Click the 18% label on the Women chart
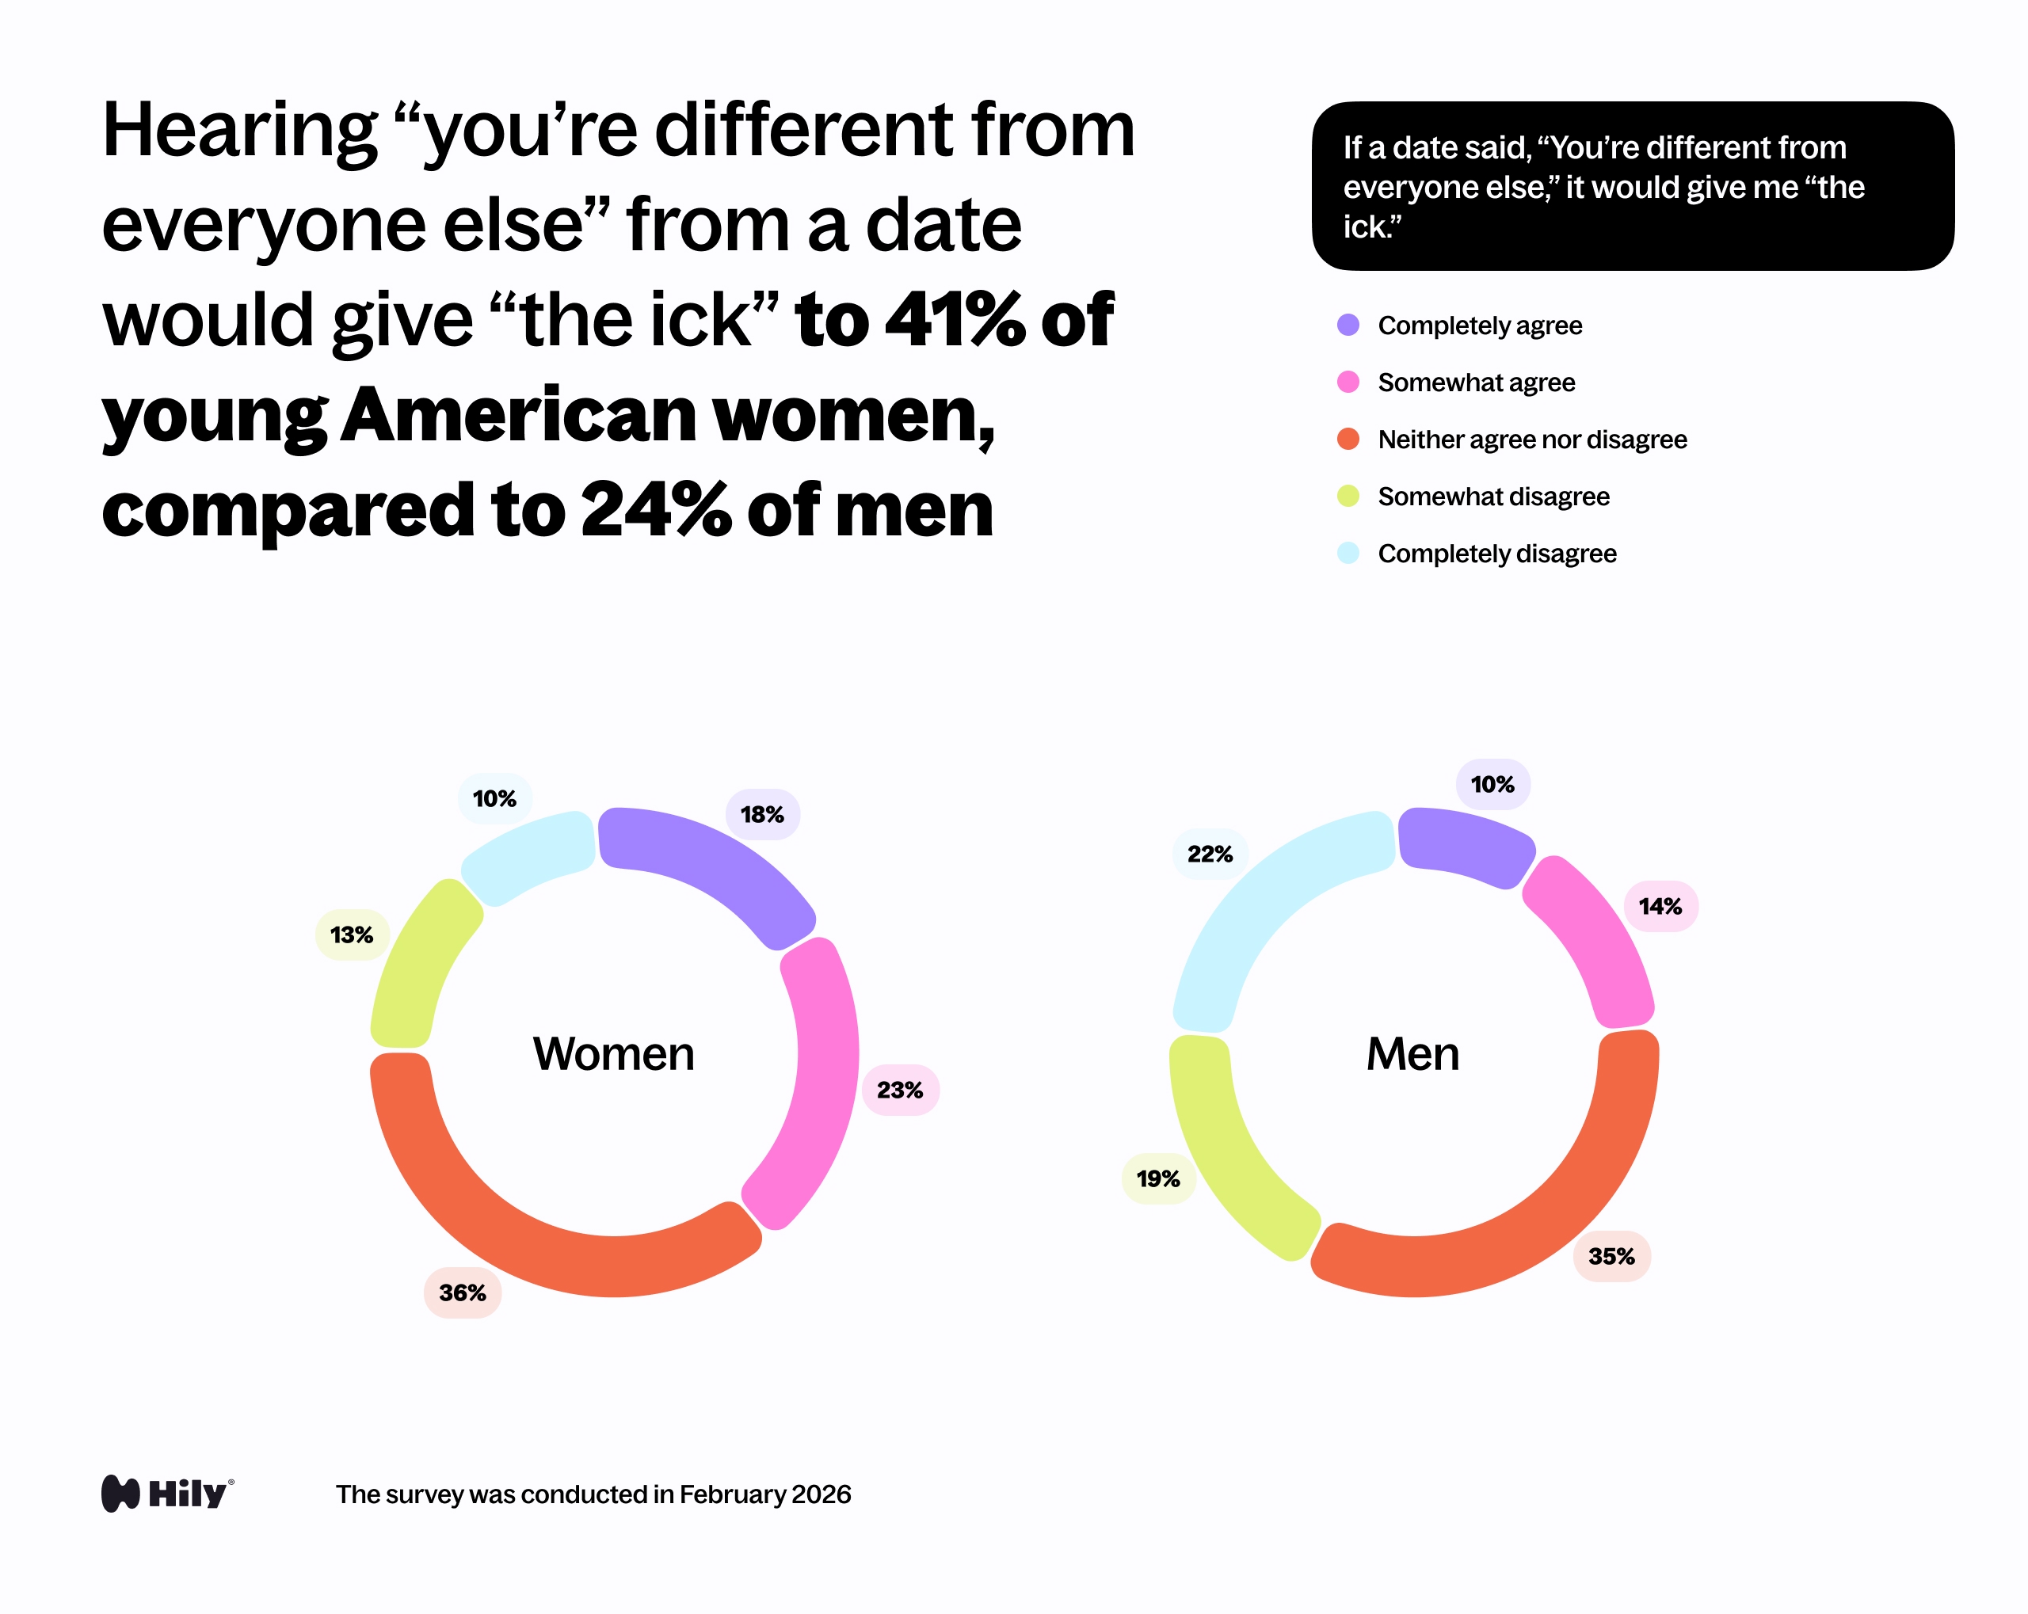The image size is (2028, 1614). [x=762, y=815]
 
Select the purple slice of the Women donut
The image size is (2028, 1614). [x=715, y=866]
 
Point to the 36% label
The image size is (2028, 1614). [x=462, y=1292]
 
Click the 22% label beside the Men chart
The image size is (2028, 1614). [x=1210, y=854]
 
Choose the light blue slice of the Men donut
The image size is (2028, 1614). [x=1260, y=903]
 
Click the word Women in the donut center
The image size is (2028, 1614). [x=613, y=1053]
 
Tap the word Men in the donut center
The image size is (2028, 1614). [x=1412, y=1053]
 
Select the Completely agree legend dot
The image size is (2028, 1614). [x=1348, y=325]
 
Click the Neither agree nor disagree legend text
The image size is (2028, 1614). [x=1531, y=440]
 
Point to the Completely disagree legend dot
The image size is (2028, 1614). [x=1348, y=553]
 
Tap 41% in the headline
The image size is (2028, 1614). [x=954, y=320]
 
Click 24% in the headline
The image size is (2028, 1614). [x=656, y=510]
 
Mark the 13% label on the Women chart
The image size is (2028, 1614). [x=352, y=935]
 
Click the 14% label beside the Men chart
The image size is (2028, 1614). [x=1660, y=907]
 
